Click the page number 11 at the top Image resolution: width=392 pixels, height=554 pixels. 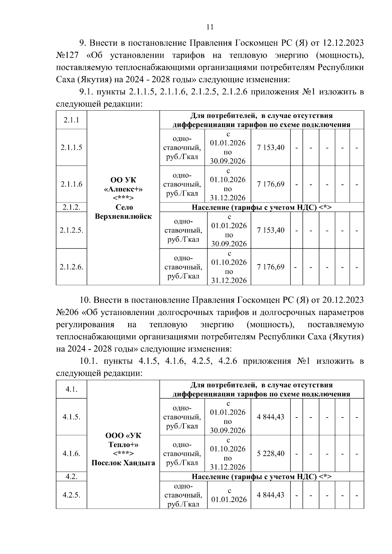(x=210, y=27)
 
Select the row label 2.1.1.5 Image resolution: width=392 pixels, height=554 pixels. (x=71, y=148)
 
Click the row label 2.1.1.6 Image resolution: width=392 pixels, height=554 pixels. (x=71, y=184)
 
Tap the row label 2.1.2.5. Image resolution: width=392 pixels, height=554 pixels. (x=71, y=230)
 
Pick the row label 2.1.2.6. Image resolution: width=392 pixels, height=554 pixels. (x=71, y=267)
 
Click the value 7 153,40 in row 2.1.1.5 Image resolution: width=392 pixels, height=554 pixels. (x=271, y=148)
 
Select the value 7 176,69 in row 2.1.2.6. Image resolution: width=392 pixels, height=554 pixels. (x=271, y=267)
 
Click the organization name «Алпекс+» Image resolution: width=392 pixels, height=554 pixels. (x=123, y=189)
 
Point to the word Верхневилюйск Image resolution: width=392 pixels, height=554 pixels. (x=123, y=216)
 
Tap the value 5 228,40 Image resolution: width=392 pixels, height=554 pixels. (x=271, y=453)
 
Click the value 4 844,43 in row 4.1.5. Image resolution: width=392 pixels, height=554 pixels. (x=271, y=417)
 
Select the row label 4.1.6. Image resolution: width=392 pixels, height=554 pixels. (x=71, y=453)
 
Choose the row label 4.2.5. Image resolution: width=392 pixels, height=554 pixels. (x=71, y=495)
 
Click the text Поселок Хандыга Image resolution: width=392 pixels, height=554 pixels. (x=123, y=463)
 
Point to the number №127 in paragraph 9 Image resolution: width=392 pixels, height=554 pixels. (x=67, y=55)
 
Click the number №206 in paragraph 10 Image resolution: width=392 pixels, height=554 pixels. (x=67, y=312)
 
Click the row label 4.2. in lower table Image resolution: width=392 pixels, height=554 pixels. (x=71, y=476)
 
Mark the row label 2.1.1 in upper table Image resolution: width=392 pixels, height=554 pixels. (x=71, y=120)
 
